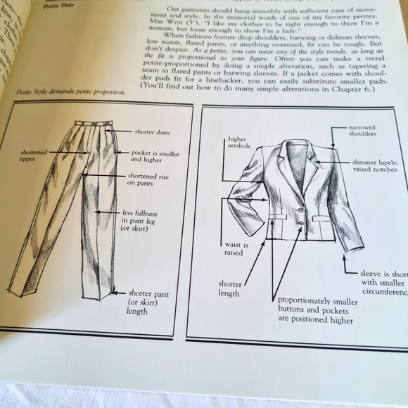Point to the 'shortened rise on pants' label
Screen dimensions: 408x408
147,180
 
